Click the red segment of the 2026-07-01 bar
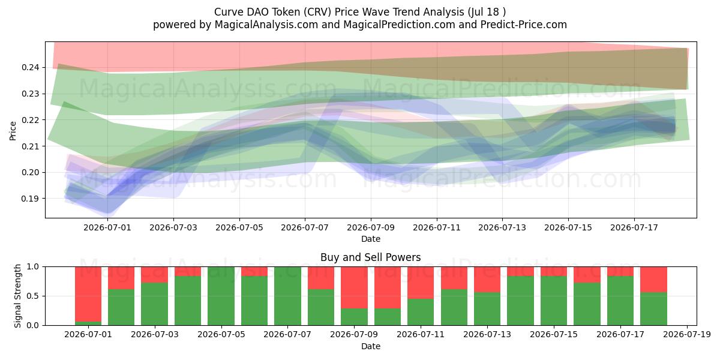88,294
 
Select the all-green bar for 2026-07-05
221,296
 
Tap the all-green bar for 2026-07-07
287,296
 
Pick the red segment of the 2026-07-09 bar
354,287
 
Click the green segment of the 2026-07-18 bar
653,309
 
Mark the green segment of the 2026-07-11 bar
421,312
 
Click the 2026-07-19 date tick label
687,335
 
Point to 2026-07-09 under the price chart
371,227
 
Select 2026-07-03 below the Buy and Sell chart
155,335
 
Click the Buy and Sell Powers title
371,257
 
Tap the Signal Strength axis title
17,296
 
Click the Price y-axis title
13,131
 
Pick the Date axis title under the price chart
371,239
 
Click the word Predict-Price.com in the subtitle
524,25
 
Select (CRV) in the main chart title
316,12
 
